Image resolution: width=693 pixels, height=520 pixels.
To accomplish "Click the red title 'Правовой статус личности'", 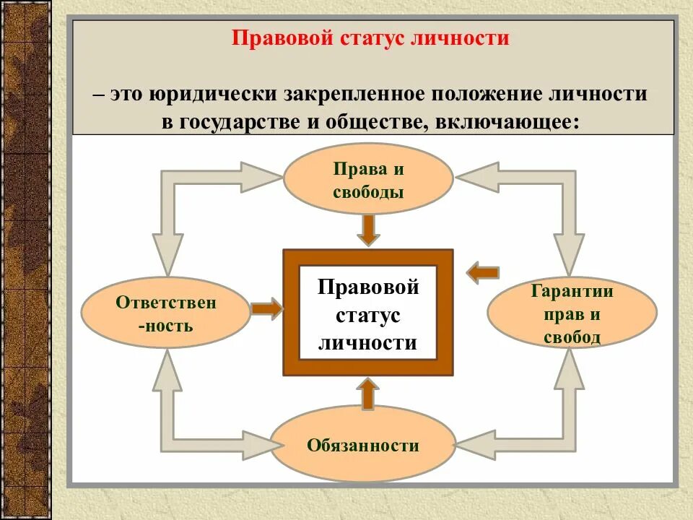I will coord(370,38).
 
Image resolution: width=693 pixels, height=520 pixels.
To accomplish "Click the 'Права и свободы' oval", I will coord(368,180).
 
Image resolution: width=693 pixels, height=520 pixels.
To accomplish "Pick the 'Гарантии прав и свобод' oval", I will coord(572,313).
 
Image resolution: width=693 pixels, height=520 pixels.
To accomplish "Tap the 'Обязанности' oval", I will coord(362,445).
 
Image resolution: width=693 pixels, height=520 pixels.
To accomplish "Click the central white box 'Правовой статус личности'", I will coord(368,313).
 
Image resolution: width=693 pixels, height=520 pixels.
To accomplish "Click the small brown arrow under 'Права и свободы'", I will coord(368,229).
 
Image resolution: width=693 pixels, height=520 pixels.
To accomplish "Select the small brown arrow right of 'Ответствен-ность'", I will coord(266,308).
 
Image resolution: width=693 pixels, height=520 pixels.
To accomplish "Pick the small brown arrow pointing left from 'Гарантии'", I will coord(482,273).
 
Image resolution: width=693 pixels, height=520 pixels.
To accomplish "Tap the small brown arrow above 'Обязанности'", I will coord(368,394).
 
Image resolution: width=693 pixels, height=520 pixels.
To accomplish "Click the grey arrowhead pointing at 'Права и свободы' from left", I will coord(261,177).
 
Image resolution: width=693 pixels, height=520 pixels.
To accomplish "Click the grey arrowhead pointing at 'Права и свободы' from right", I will coord(477,177).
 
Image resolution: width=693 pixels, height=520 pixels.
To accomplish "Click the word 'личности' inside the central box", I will coord(368,342).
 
